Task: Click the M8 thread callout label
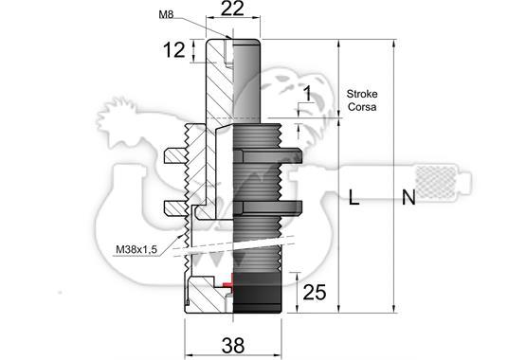pyautogui.click(x=166, y=14)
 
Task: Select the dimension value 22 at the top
pyautogui.click(x=232, y=9)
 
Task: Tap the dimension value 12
pyautogui.click(x=174, y=50)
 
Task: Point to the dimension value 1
pyautogui.click(x=308, y=94)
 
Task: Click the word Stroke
pyautogui.click(x=362, y=94)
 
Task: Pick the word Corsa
pyautogui.click(x=362, y=107)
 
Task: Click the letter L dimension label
pyautogui.click(x=354, y=197)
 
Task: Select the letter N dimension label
pyautogui.click(x=408, y=197)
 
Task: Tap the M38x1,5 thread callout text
pyautogui.click(x=136, y=249)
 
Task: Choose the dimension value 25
pyautogui.click(x=315, y=293)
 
